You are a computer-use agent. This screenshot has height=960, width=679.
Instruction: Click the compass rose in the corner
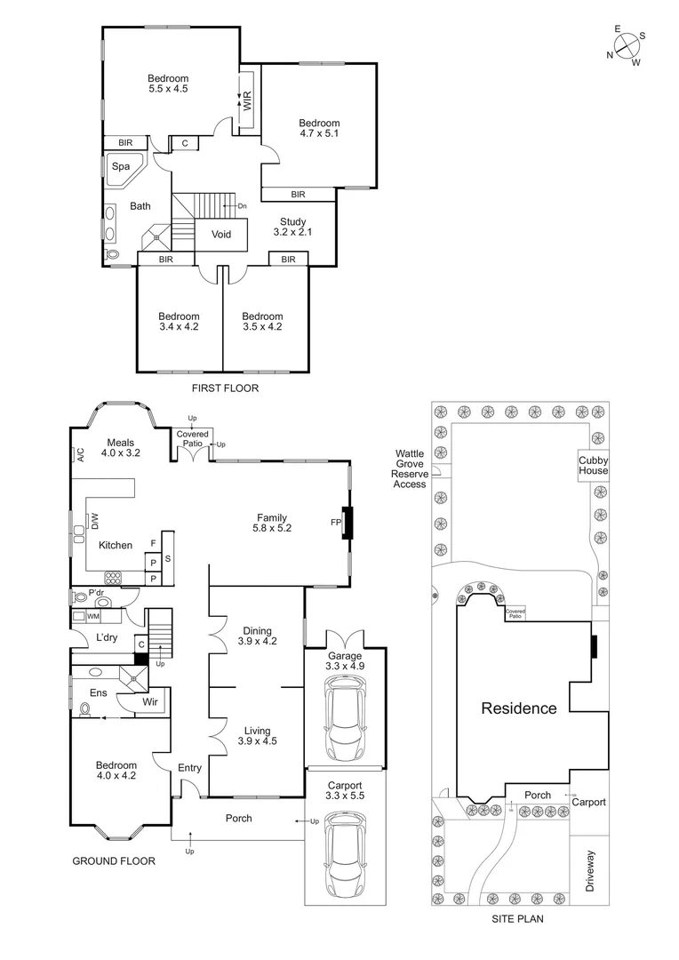coord(627,45)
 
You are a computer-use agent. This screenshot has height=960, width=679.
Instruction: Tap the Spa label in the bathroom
coord(120,166)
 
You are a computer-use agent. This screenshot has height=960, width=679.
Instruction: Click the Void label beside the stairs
coord(220,235)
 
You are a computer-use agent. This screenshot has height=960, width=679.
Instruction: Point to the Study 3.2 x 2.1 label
coord(293,227)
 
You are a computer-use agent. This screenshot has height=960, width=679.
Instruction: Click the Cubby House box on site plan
coord(594,465)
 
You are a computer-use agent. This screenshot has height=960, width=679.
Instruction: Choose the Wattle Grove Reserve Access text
coord(411,468)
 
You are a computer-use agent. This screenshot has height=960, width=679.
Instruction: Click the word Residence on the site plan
coord(519,708)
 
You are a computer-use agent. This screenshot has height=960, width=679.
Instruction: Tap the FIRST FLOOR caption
coord(226,388)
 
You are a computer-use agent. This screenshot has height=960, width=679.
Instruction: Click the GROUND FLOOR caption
coord(115,860)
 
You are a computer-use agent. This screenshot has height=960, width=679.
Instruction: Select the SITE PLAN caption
coord(517,920)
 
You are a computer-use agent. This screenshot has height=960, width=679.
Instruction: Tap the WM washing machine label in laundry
coord(92,616)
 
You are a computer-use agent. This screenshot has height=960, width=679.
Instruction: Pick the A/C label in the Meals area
coord(80,455)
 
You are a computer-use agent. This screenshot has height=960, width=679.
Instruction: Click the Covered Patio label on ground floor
coord(192,438)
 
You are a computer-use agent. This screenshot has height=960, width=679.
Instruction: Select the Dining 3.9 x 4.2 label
coord(258,636)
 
